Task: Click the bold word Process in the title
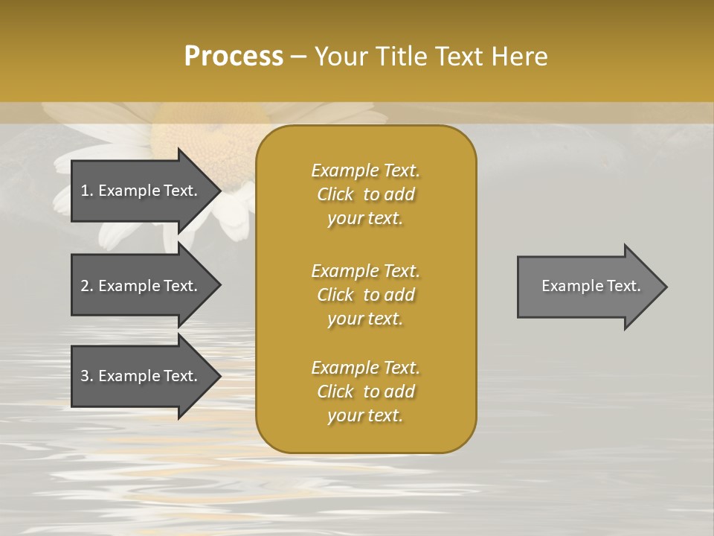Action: (x=234, y=57)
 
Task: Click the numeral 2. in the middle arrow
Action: (x=86, y=286)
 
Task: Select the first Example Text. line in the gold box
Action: (x=365, y=170)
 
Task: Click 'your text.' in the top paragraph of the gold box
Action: (x=365, y=219)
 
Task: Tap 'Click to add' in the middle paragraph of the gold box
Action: (x=365, y=295)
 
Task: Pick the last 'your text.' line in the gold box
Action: (x=365, y=415)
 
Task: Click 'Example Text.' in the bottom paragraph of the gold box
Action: (x=365, y=368)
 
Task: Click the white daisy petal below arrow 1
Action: (x=115, y=234)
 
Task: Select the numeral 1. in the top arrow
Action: (x=86, y=191)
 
